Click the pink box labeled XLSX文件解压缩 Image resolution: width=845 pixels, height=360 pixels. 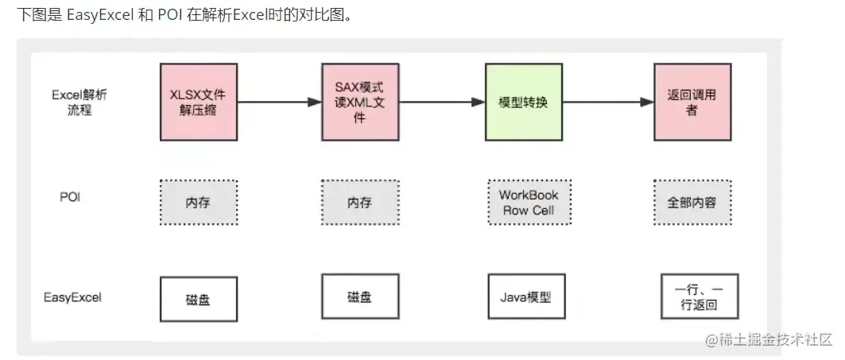(x=199, y=102)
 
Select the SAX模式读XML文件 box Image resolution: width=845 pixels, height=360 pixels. (x=359, y=101)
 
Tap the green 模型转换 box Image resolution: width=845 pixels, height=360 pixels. (x=522, y=103)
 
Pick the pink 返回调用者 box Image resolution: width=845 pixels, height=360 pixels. (x=691, y=102)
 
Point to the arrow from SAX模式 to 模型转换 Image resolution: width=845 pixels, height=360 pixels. (x=441, y=102)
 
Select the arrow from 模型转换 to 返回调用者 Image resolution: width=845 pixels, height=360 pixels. (x=608, y=102)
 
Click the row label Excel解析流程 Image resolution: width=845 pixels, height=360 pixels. (x=79, y=103)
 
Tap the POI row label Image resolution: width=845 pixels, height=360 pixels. (x=70, y=196)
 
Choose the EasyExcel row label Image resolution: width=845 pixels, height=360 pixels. (x=72, y=298)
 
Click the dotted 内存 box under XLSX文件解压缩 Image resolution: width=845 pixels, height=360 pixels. (x=198, y=202)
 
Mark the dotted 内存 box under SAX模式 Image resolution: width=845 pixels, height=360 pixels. (x=359, y=202)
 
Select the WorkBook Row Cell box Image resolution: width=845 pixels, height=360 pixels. (x=528, y=202)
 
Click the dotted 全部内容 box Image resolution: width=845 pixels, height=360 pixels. (x=691, y=202)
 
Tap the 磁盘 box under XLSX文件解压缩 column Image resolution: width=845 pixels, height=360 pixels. (x=198, y=299)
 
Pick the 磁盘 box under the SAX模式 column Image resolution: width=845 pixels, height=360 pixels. (x=359, y=297)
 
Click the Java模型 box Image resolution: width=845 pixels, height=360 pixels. (x=525, y=298)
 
